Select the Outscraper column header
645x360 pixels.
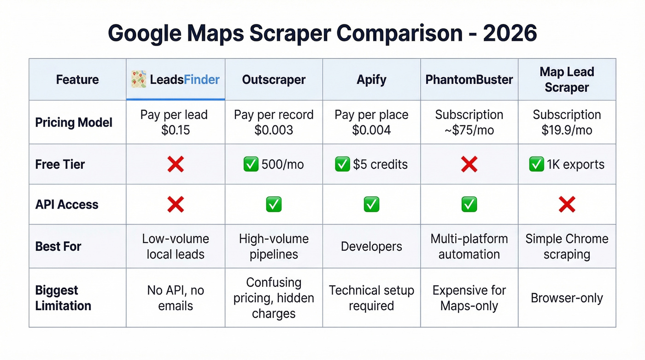[274, 80]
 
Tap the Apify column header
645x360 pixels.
[371, 80]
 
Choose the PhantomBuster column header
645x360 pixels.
[469, 80]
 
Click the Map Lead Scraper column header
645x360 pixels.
[567, 80]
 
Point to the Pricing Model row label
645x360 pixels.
[74, 123]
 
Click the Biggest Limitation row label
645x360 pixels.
[63, 298]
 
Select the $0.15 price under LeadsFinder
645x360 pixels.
[176, 130]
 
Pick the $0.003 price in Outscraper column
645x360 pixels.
[274, 130]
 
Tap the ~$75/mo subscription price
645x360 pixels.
[469, 130]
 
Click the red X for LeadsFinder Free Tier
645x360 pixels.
[176, 164]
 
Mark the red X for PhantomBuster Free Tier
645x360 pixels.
[469, 164]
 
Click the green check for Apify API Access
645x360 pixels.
[371, 204]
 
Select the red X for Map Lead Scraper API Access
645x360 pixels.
[567, 204]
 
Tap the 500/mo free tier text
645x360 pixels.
[282, 165]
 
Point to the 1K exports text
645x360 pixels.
[576, 165]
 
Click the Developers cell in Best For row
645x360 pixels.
[371, 247]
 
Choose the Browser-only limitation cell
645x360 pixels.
[567, 298]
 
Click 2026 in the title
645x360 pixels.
[510, 34]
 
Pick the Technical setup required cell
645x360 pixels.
[371, 298]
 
